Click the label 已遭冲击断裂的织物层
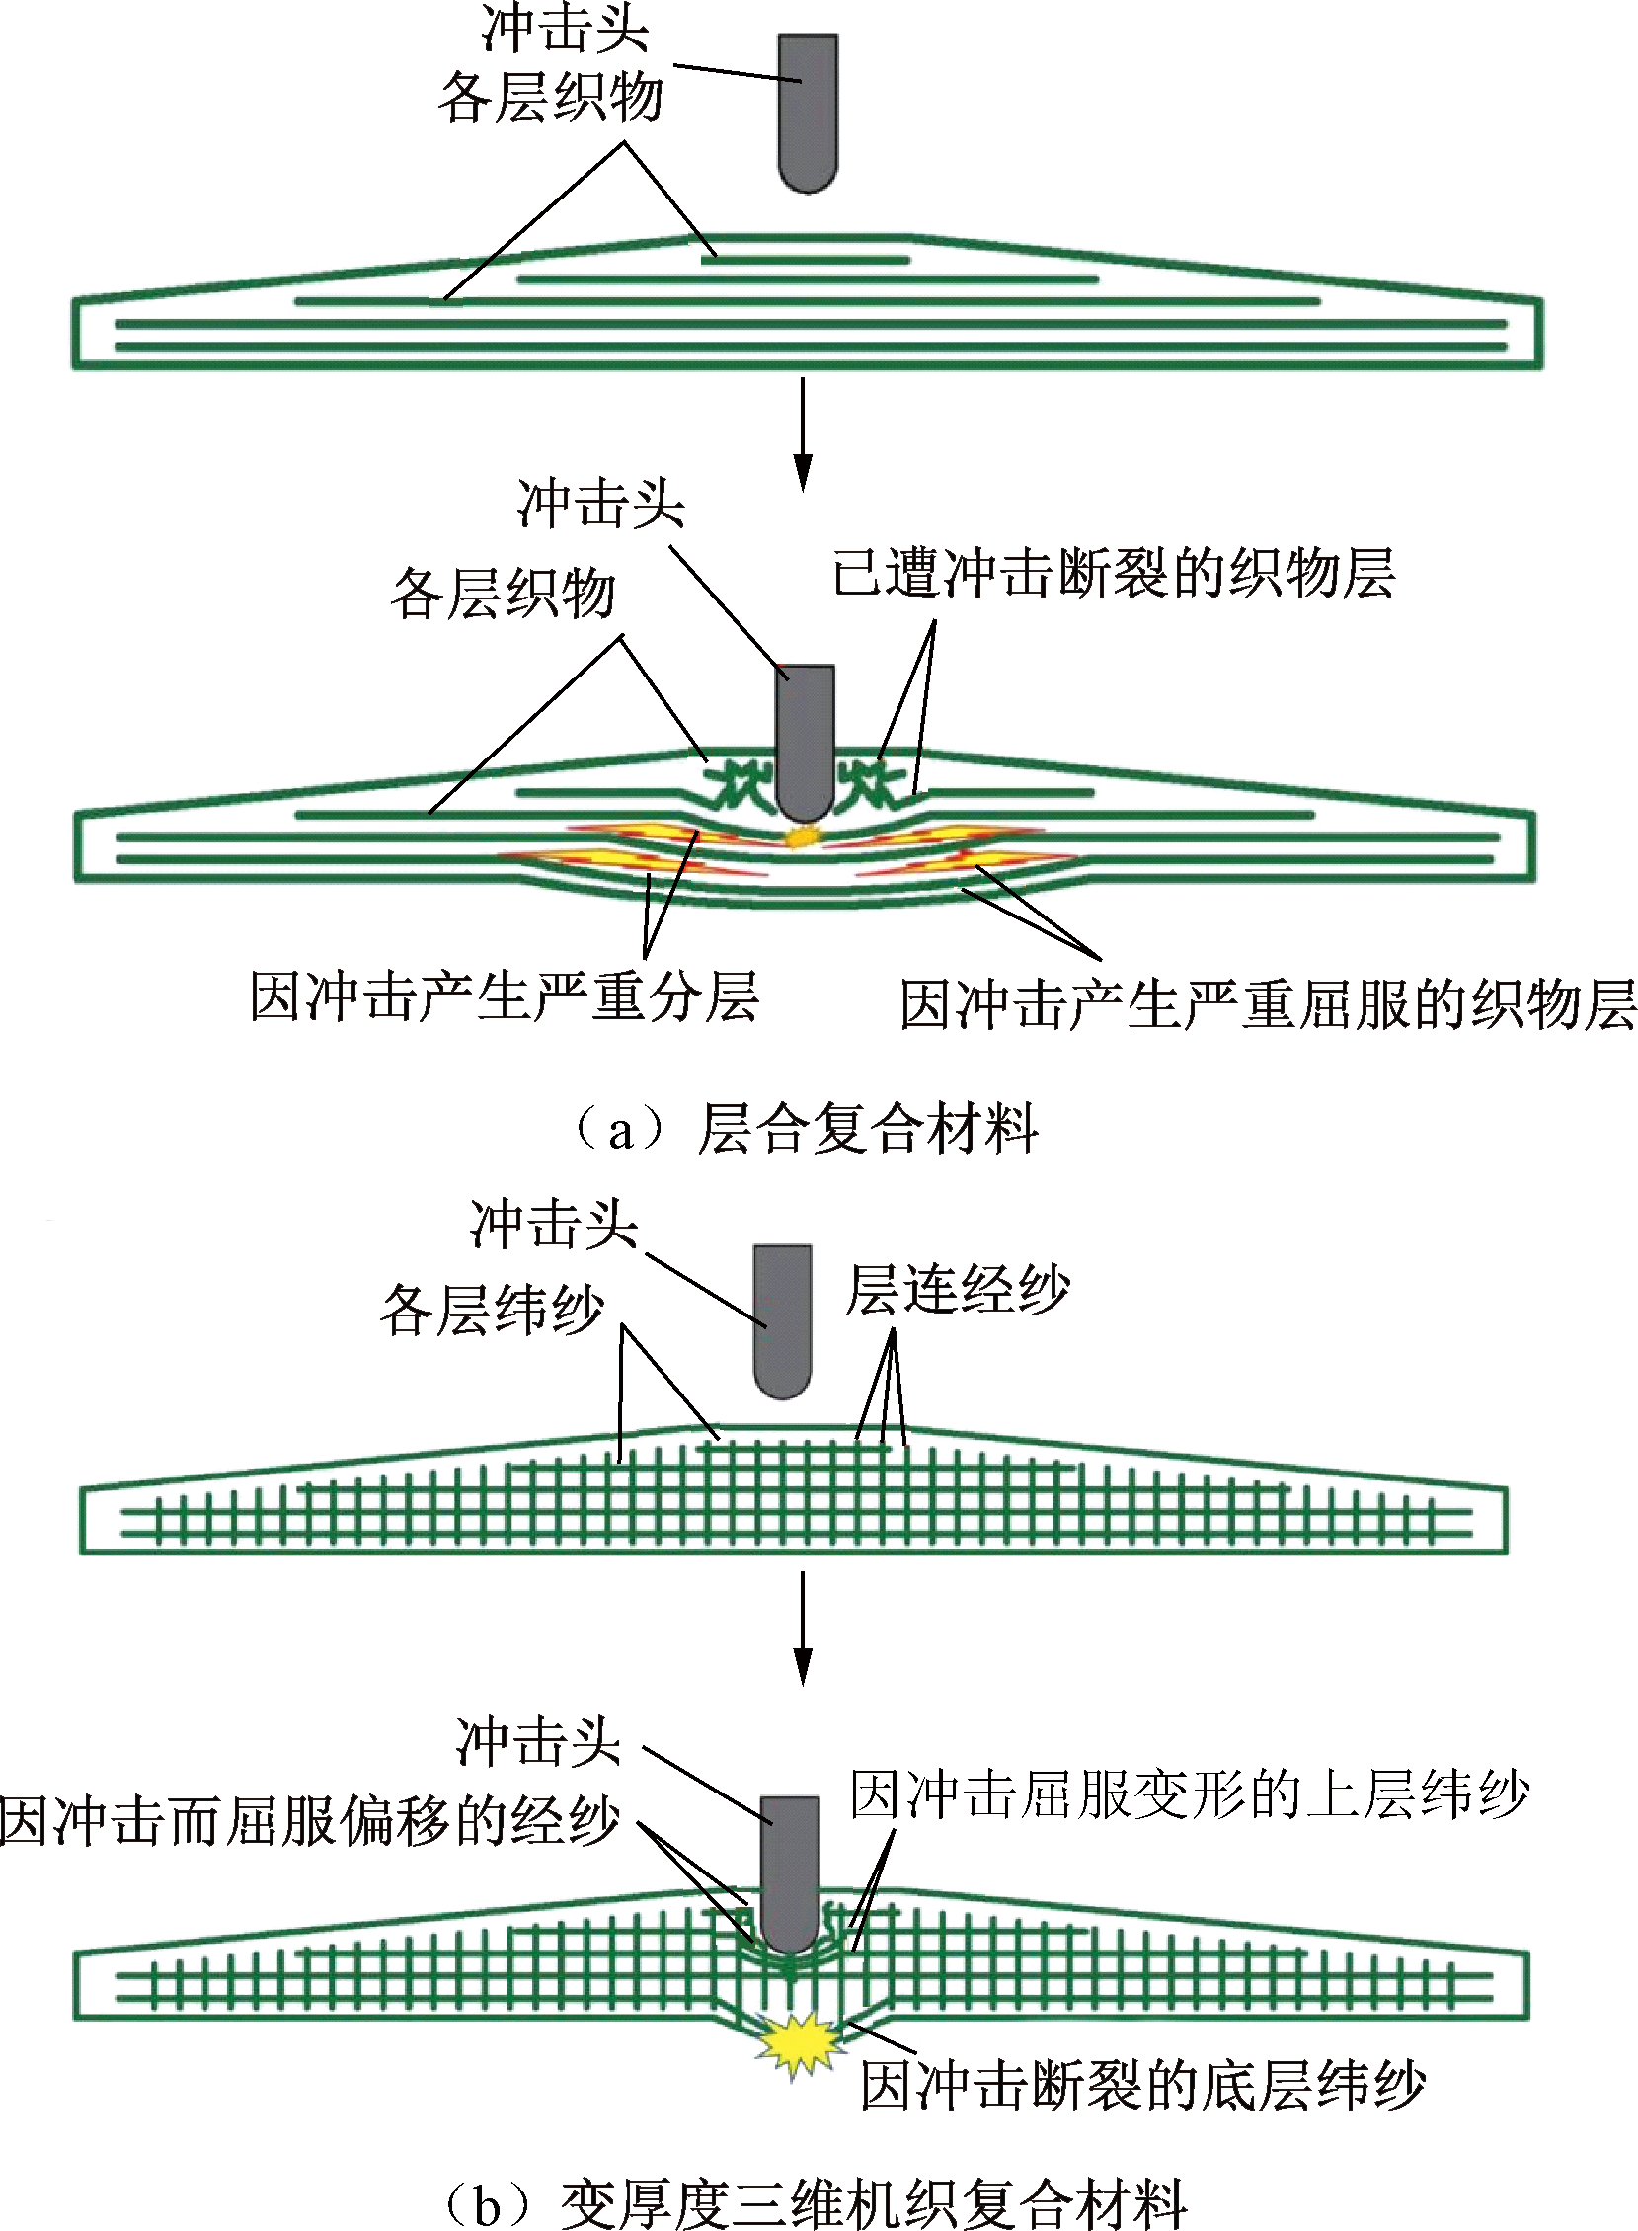[x=1113, y=575]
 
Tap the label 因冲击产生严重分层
[x=504, y=996]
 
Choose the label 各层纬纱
[x=492, y=1309]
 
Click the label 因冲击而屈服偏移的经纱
[x=309, y=1822]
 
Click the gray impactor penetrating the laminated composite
[x=805, y=744]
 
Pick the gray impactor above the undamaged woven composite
[x=782, y=1318]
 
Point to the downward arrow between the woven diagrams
[x=803, y=1628]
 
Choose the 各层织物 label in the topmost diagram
[x=551, y=97]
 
